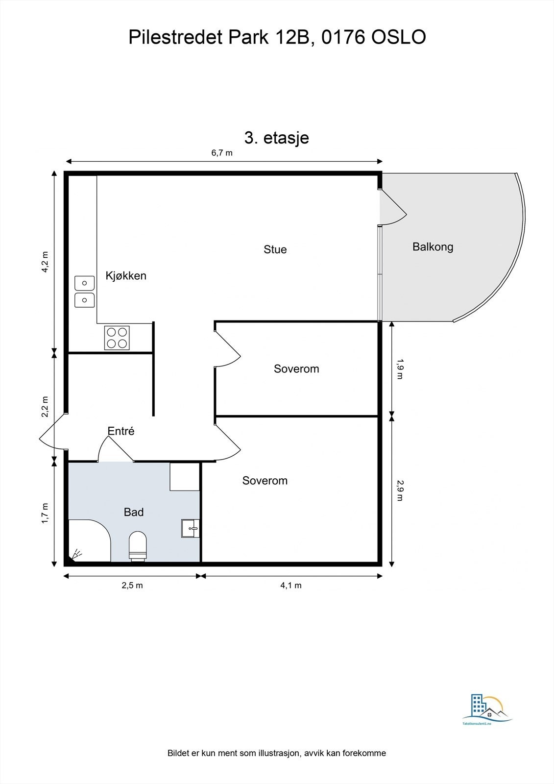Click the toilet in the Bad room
pyautogui.click(x=138, y=546)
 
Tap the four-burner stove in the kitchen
pyautogui.click(x=117, y=338)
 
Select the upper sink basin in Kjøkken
pyautogui.click(x=84, y=283)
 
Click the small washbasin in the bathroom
pyautogui.click(x=191, y=528)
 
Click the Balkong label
pyautogui.click(x=433, y=246)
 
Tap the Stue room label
pyautogui.click(x=275, y=249)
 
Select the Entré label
pyautogui.click(x=121, y=431)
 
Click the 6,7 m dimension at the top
pyautogui.click(x=222, y=152)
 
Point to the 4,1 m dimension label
pyautogui.click(x=291, y=585)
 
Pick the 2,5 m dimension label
pyautogui.click(x=132, y=585)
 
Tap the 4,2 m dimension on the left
pyautogui.click(x=45, y=262)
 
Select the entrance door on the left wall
pyautogui.click(x=52, y=431)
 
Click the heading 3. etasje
pyautogui.click(x=276, y=138)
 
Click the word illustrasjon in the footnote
pyautogui.click(x=275, y=753)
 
